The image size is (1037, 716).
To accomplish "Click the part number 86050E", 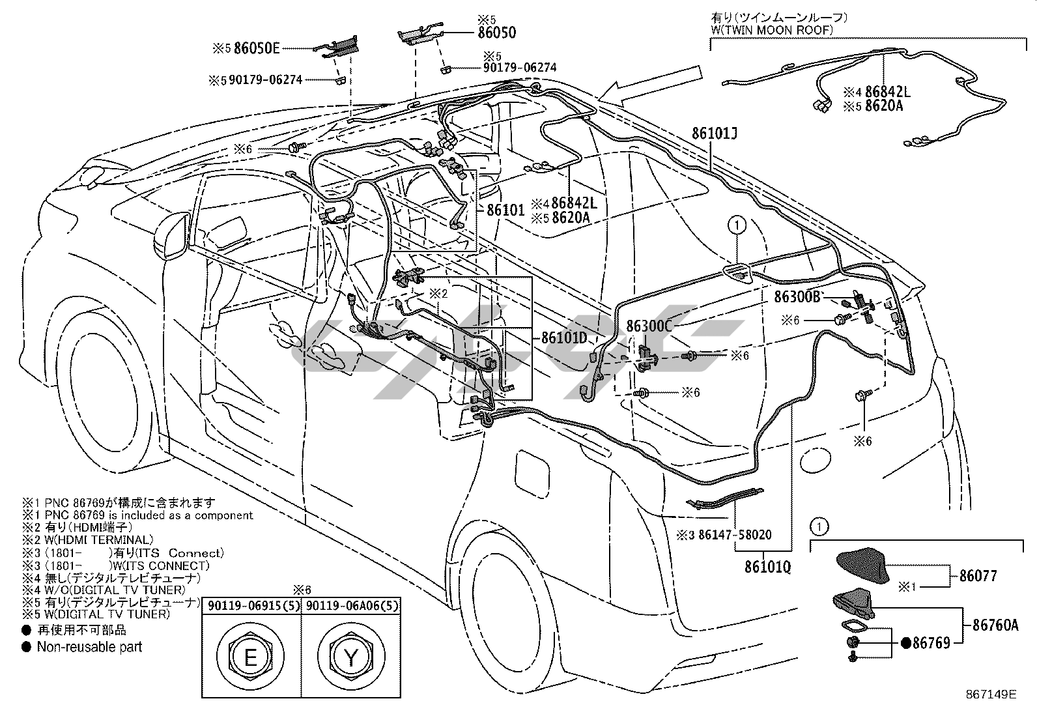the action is tap(257, 48).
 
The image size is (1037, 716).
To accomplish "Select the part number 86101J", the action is tap(715, 134).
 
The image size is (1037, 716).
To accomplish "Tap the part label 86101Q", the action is tap(767, 566).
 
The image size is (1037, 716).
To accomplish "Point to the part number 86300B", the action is tap(797, 297).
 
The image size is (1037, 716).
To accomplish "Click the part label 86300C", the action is tap(649, 326).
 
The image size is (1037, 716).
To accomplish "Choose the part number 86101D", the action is tap(564, 337).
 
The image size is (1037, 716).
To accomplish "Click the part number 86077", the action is tap(978, 576).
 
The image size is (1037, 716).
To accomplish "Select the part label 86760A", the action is tap(995, 625).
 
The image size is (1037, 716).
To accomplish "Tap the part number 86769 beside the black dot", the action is tap(931, 643).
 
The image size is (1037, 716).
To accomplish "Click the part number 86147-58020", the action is tap(735, 535).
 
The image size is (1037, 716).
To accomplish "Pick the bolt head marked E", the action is tap(250, 657).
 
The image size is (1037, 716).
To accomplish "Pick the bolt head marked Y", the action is tap(351, 657).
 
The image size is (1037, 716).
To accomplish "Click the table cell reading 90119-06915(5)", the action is tap(251, 606).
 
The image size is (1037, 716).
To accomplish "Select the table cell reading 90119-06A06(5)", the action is tap(351, 606).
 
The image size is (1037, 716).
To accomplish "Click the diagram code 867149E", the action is tap(991, 695).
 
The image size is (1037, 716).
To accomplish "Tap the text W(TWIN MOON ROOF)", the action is tap(772, 30).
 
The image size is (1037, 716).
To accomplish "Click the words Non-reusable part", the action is tap(89, 647).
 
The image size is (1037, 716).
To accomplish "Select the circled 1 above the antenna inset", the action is tap(819, 526).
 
